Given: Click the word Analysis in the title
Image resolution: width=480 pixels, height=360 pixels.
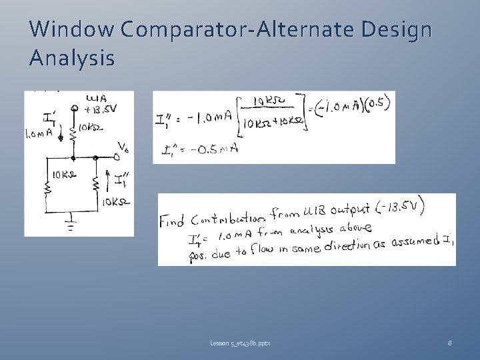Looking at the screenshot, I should (72, 58).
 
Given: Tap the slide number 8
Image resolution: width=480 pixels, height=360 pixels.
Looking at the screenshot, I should (450, 343).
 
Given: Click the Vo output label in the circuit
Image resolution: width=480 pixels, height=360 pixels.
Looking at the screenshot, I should (123, 147).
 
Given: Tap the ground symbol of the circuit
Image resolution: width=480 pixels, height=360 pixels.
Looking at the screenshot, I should (71, 223).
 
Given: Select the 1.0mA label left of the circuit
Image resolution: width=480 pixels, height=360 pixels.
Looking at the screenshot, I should (37, 134).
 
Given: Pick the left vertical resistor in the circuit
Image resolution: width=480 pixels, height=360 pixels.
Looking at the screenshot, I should (49, 188).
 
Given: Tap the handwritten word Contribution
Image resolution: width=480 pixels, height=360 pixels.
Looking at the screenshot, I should (227, 219).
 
